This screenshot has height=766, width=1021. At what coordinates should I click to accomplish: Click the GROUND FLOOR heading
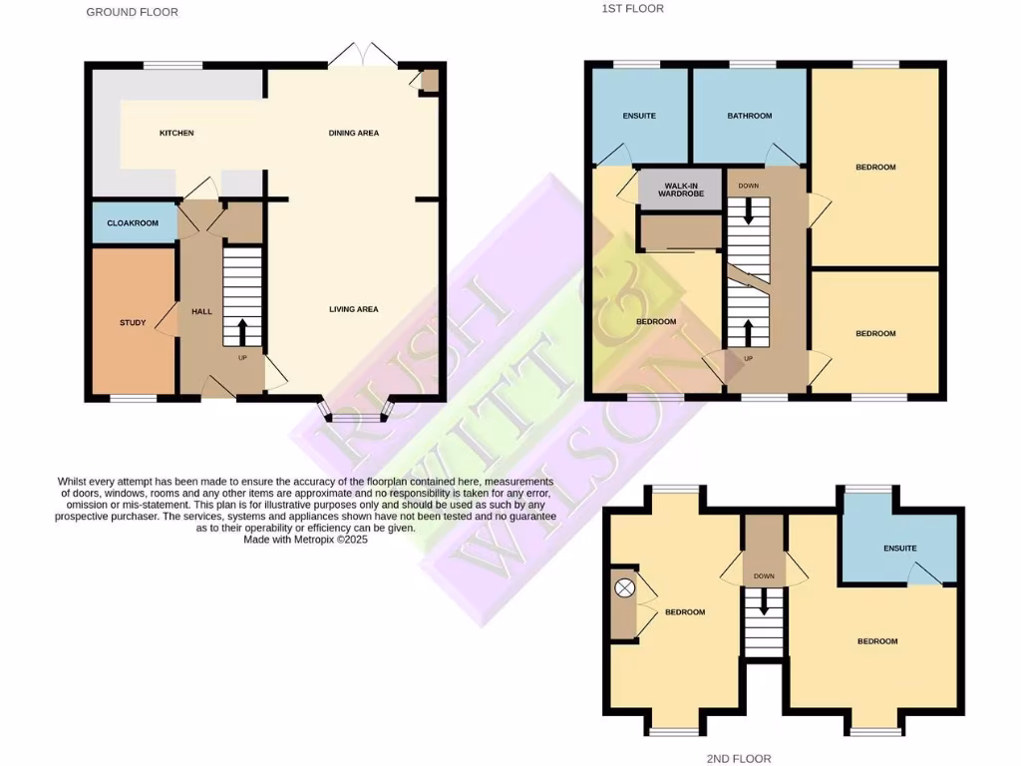point(133,12)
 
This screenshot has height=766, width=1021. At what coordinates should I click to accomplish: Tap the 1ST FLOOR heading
point(632,8)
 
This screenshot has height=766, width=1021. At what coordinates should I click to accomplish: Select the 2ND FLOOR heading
point(739,759)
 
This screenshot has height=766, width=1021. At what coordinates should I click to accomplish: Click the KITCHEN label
point(176,133)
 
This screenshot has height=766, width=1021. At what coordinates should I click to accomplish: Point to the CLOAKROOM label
point(133,222)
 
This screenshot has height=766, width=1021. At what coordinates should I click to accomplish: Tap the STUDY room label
point(133,322)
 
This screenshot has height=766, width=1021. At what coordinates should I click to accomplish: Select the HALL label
point(202,311)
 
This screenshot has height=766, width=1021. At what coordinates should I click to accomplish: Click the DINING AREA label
point(354,133)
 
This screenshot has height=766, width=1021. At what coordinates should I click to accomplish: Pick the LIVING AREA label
point(354,309)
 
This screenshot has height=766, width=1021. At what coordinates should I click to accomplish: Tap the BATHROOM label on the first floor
point(749,116)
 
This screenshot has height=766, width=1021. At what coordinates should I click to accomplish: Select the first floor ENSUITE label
point(639,116)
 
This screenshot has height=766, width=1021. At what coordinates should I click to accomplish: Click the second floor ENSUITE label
point(899,549)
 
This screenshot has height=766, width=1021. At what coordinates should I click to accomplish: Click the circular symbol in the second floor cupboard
point(625,589)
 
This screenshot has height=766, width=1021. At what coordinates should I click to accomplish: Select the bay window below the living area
point(354,411)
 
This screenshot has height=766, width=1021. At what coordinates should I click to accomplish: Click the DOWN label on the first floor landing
point(748,186)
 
